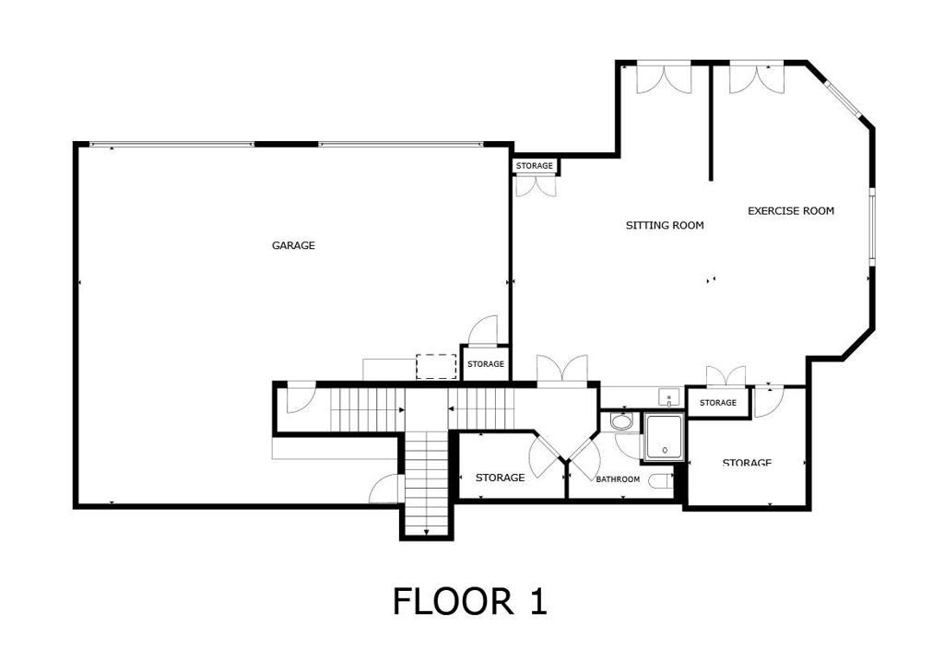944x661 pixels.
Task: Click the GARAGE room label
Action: [293, 245]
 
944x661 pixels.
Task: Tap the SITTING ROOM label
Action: [665, 225]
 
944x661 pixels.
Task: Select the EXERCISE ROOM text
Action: [790, 211]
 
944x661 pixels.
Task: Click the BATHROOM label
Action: [617, 479]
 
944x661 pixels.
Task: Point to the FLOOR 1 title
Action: [469, 601]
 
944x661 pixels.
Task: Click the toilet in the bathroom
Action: [659, 480]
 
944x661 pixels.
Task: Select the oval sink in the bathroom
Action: [623, 423]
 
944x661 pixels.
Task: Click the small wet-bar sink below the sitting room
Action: [669, 397]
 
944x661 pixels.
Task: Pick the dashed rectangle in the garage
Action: [437, 366]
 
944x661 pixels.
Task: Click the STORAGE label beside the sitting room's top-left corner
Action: [535, 166]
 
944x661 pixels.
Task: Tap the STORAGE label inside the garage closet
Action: [485, 364]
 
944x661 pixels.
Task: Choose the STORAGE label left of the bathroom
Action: [500, 478]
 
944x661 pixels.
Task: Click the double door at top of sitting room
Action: [663, 77]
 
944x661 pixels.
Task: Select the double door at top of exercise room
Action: [756, 77]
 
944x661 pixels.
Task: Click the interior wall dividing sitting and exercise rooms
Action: [711, 120]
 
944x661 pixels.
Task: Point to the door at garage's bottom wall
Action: [385, 490]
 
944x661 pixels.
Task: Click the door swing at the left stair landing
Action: [299, 399]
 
